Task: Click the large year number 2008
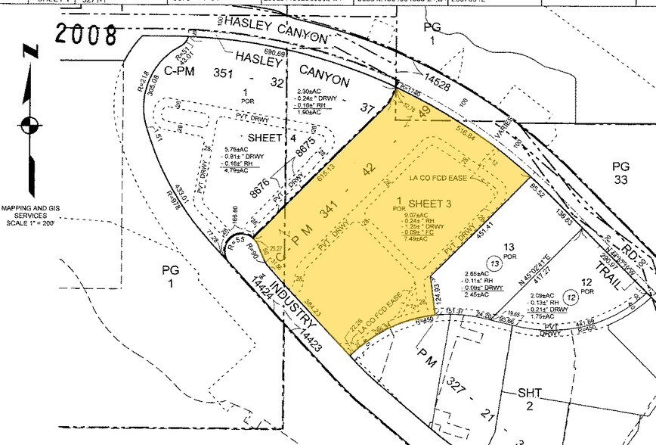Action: [x=86, y=33]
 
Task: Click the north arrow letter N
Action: [x=29, y=51]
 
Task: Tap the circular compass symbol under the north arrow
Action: [x=30, y=125]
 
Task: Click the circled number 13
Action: [x=494, y=262]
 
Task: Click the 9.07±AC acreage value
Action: [x=415, y=216]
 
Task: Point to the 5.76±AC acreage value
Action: [x=239, y=150]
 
